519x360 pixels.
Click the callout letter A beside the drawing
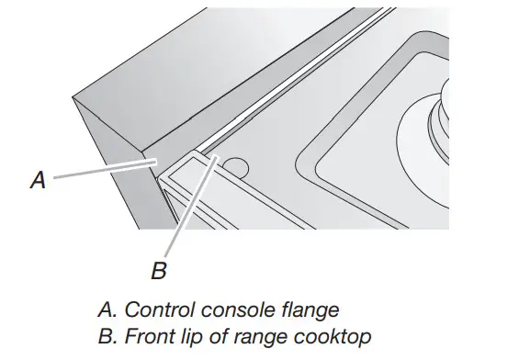(x=37, y=181)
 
